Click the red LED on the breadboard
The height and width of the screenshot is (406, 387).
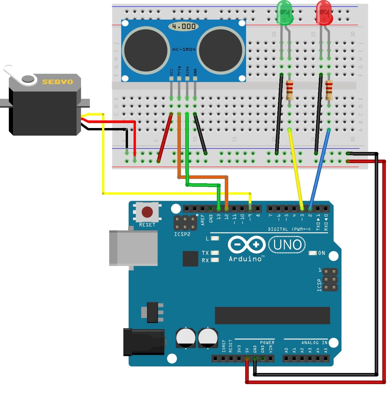324,13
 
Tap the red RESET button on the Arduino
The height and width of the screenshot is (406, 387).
147,212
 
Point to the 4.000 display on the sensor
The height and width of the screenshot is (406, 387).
184,27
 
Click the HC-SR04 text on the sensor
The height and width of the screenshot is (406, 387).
184,49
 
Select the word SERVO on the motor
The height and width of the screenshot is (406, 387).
58,82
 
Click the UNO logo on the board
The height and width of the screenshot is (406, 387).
287,245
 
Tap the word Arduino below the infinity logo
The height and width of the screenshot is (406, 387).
245,259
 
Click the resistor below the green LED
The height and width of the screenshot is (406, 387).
289,90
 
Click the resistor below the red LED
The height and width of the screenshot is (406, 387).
329,90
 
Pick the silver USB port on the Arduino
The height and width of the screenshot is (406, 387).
133,248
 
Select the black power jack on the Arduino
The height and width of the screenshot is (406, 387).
144,342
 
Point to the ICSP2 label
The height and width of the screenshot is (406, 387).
182,234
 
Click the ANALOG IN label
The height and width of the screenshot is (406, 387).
314,343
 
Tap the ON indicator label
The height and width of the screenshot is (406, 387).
322,253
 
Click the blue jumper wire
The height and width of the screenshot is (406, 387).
319,170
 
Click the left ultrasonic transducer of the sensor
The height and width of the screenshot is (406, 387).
146,50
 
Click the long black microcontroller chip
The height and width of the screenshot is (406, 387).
272,315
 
